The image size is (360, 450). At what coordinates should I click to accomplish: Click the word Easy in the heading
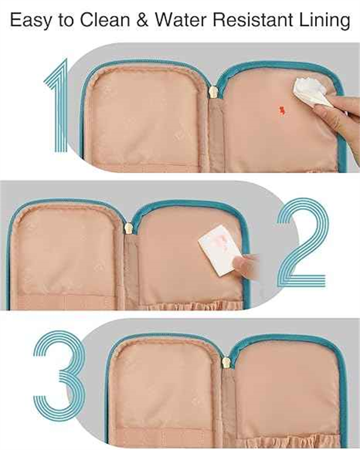[31, 20]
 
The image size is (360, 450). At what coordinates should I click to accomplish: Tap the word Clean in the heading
[105, 20]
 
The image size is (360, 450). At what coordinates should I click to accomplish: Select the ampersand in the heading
[143, 20]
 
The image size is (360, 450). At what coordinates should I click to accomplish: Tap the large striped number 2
[302, 242]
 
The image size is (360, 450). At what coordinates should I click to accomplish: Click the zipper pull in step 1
[212, 93]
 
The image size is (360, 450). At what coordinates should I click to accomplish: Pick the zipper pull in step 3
[227, 363]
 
